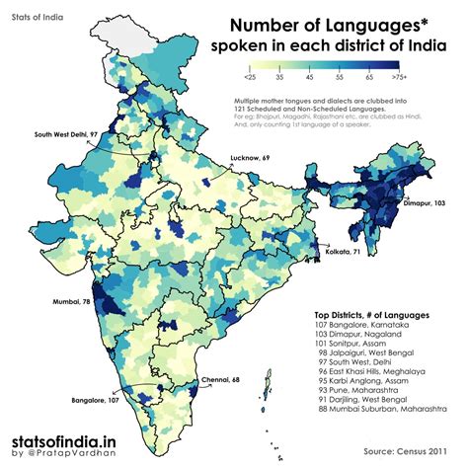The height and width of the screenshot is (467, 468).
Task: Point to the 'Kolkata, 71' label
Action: [345, 253]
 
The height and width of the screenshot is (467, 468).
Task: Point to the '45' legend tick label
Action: [310, 77]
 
